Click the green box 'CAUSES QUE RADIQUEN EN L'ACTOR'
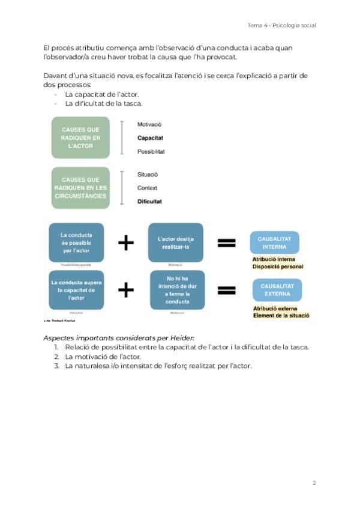pyautogui.click(x=80, y=137)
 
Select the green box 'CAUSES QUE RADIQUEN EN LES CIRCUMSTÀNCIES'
pyautogui.click(x=80, y=188)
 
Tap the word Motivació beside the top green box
pyautogui.click(x=149, y=124)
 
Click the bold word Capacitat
pyautogui.click(x=150, y=138)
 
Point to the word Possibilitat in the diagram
pyautogui.click(x=151, y=152)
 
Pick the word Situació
pyautogui.click(x=147, y=174)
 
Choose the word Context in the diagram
pyautogui.click(x=147, y=188)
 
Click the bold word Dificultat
pyautogui.click(x=149, y=202)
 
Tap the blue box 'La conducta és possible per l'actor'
pyautogui.click(x=76, y=242)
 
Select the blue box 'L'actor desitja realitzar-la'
pyautogui.click(x=175, y=242)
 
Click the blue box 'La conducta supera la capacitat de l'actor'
pyautogui.click(x=76, y=289)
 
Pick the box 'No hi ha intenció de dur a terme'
pyautogui.click(x=177, y=290)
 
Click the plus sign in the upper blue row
pyautogui.click(x=125, y=242)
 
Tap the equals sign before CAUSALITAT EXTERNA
pyautogui.click(x=226, y=290)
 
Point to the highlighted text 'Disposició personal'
pyautogui.click(x=278, y=267)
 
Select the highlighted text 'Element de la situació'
pyautogui.click(x=281, y=315)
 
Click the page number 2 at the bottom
pyautogui.click(x=314, y=483)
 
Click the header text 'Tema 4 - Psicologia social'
pyautogui.click(x=281, y=25)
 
